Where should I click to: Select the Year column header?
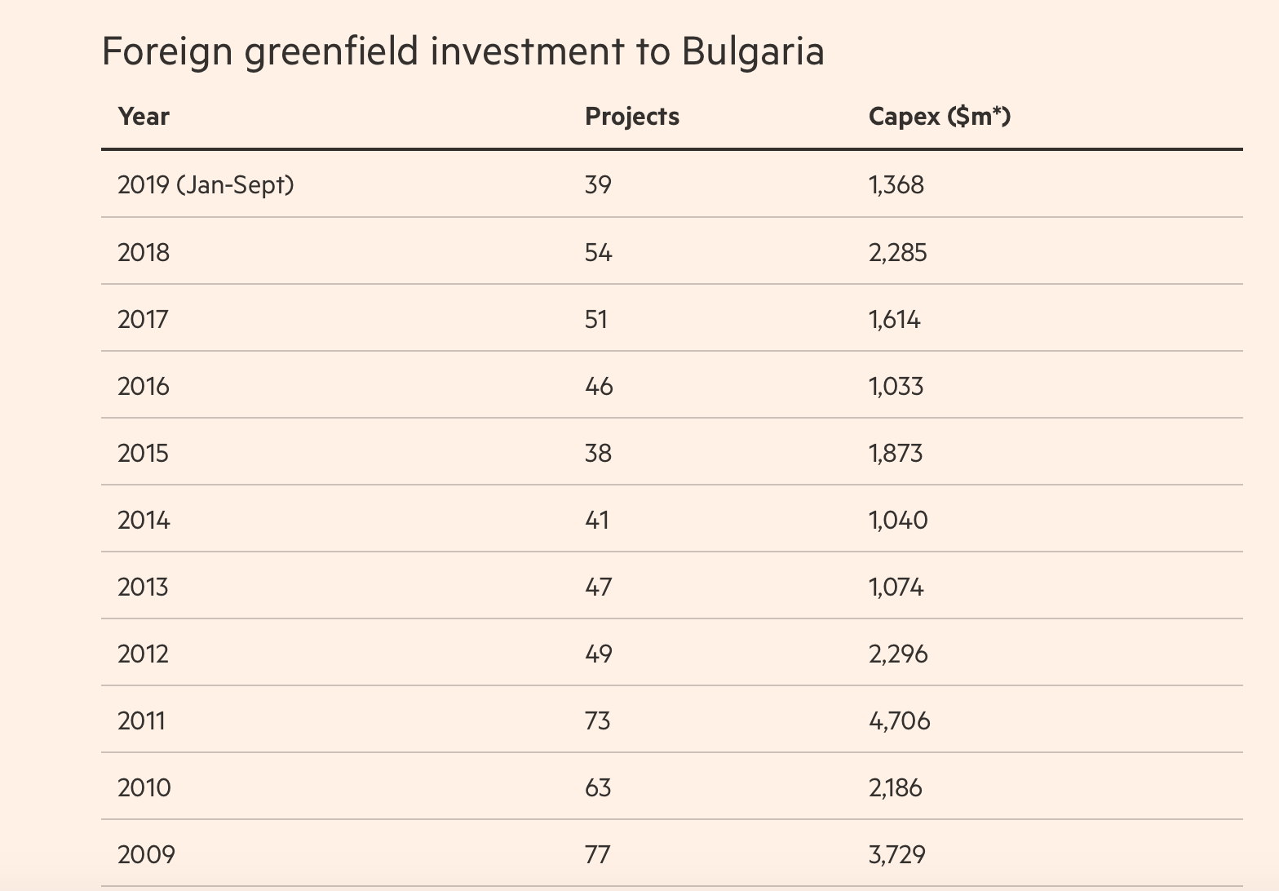click(144, 117)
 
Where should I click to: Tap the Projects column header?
click(631, 117)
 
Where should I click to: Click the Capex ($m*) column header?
click(939, 117)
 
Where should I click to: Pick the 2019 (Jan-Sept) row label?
click(206, 185)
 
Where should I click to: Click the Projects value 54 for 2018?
click(598, 252)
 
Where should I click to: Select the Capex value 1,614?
click(894, 319)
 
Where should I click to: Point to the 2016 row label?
click(144, 386)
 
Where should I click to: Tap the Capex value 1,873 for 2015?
click(896, 453)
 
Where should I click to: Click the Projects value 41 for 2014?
click(597, 520)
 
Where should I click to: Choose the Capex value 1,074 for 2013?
click(896, 587)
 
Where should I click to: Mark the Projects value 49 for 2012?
click(598, 654)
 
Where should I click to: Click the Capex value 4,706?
click(899, 720)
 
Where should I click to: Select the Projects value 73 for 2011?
click(597, 720)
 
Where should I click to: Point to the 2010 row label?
click(144, 787)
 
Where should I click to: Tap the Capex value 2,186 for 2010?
click(896, 787)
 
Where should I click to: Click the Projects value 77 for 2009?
click(597, 854)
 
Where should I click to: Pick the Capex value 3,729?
click(897, 854)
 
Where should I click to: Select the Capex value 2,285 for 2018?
click(897, 252)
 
